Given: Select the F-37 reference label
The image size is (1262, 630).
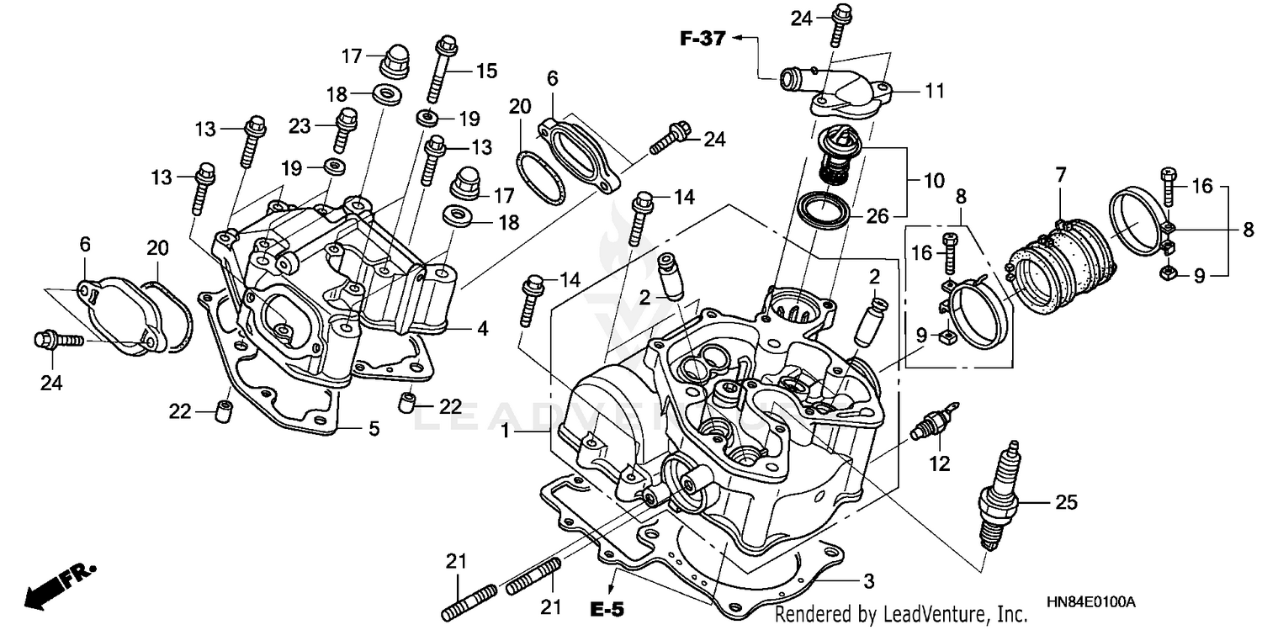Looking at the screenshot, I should pos(703,38).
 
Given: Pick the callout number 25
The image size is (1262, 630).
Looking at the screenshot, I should pos(1066,503).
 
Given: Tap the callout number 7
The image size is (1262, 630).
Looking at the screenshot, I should pos(1061,175).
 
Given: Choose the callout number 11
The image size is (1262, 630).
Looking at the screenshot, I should pos(935,90).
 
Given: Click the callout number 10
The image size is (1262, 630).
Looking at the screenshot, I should pos(933,181).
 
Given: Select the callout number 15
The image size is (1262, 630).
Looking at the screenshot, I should pos(486,71).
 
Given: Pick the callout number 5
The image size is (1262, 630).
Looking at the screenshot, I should pos(373,429).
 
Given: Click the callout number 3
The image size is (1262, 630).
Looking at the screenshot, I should pos(868,581).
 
